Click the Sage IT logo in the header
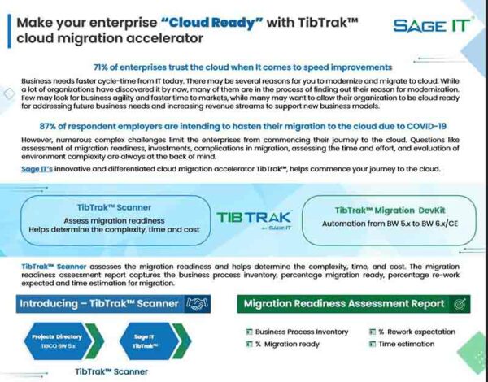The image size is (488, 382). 432,25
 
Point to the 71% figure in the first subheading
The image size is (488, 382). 105,67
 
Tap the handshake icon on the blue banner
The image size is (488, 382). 196,303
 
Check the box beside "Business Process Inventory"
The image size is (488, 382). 248,332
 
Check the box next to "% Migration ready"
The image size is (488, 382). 248,345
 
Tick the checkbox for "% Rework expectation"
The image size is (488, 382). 371,332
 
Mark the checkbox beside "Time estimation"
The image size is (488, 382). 371,345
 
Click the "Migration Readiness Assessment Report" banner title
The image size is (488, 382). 344,303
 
